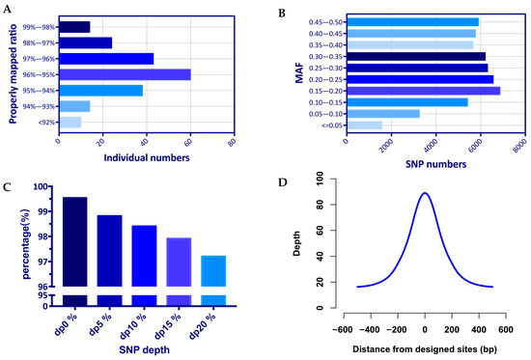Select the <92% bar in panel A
tap(70, 122)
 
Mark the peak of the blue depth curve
tap(425, 192)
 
